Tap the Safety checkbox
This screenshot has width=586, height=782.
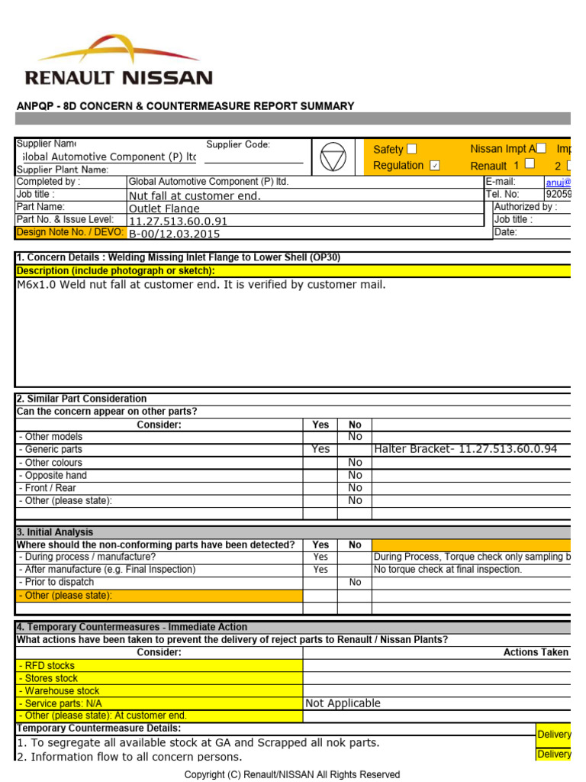coord(412,149)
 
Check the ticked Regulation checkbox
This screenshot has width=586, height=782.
coord(435,166)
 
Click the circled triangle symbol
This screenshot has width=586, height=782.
coord(333,157)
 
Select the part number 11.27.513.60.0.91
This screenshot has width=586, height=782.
coord(178,221)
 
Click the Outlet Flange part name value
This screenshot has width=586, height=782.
coord(164,208)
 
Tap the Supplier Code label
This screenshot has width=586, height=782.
coord(238,144)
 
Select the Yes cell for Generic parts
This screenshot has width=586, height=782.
coord(320,450)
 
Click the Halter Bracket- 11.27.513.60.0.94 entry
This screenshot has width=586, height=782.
coord(465,450)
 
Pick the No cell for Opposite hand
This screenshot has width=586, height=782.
coord(355,475)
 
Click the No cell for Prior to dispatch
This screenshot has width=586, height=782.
coord(355,582)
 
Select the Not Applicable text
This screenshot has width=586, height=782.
coord(343,703)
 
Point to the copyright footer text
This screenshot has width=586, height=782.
coord(292,774)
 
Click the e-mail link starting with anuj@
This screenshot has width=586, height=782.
coord(557,182)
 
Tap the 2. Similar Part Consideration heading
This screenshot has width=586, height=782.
coord(82,399)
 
